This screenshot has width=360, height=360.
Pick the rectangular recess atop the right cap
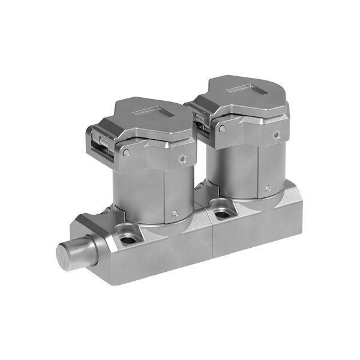pos(246,89)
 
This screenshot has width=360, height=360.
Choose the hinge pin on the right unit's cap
pos(222,128)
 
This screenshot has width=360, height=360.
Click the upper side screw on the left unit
pos(182,160)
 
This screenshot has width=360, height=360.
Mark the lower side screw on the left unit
pos(174,213)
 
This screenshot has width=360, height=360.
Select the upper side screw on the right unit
pos(277,134)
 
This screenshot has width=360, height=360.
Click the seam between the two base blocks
pos(211,237)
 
